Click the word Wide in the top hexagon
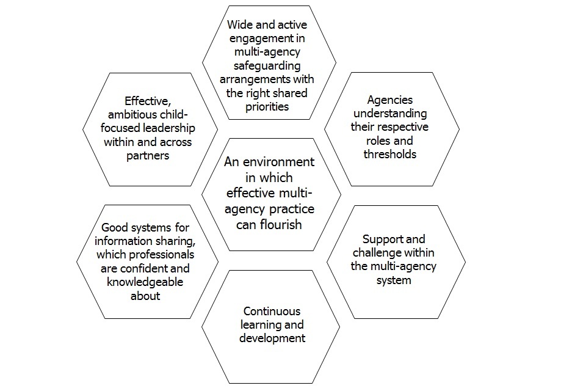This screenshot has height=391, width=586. [239, 25]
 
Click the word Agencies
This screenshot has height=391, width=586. [389, 100]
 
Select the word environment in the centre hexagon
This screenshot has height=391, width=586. [278, 162]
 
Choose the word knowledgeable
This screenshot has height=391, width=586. [145, 282]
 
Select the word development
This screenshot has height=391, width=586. [272, 338]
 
